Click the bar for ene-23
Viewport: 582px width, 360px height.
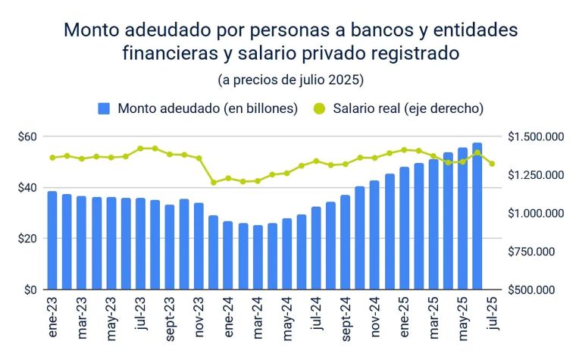[52, 240]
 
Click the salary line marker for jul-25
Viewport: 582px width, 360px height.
[492, 164]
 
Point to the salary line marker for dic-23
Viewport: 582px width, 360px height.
[214, 183]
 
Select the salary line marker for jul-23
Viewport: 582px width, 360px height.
[140, 149]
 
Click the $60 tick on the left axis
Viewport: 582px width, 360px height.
[29, 136]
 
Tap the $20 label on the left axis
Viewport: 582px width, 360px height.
[29, 239]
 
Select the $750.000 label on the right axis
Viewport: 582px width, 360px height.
[536, 252]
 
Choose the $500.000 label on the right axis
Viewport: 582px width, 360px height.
[536, 290]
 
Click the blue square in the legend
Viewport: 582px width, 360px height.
[105, 108]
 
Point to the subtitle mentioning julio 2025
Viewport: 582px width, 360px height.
[291, 80]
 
